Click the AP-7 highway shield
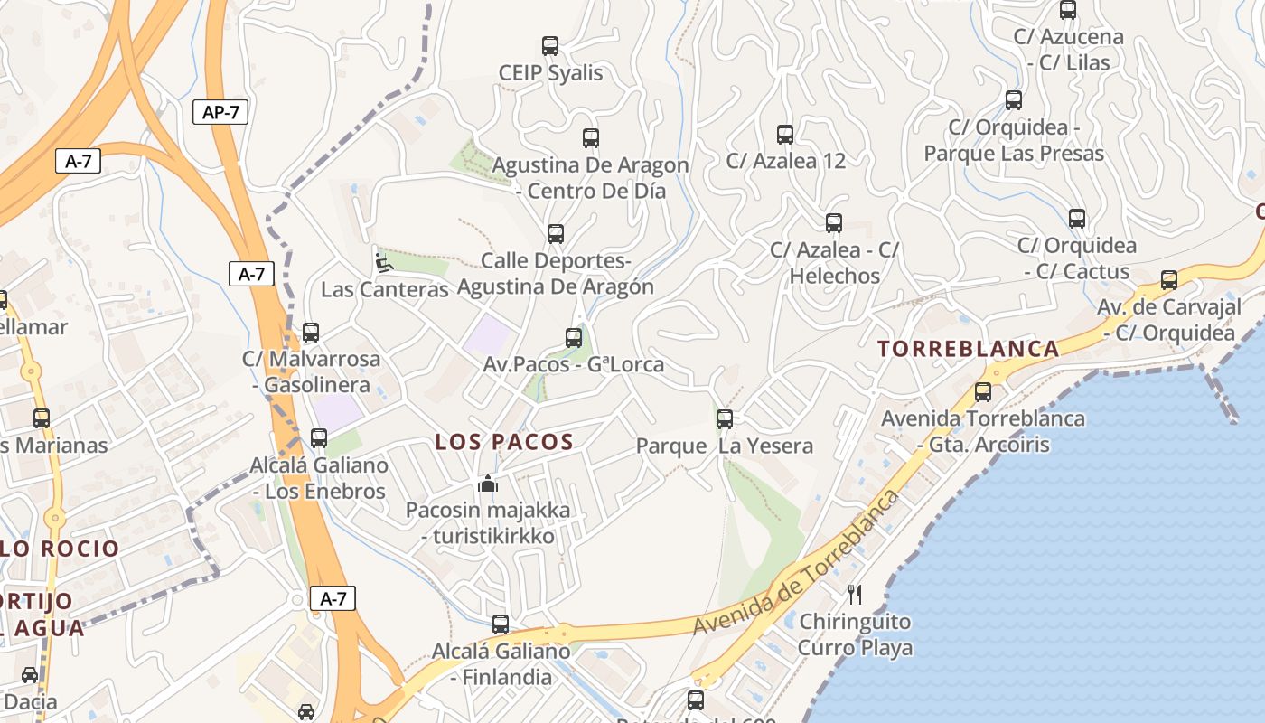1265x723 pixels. tap(220, 112)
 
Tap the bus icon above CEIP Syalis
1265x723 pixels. tap(549, 46)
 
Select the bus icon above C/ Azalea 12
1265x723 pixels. tap(785, 135)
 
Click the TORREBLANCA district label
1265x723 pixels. tap(969, 349)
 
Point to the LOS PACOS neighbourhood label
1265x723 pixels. tap(504, 442)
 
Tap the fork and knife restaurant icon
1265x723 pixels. tap(855, 594)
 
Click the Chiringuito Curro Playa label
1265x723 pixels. tap(855, 634)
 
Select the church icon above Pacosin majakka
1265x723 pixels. tap(488, 484)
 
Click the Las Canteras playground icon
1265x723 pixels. tap(384, 263)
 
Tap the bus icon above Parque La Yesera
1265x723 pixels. tap(725, 419)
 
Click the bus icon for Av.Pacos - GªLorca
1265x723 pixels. tap(574, 338)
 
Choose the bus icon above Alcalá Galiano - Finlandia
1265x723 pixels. tap(501, 624)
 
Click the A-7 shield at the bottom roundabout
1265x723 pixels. tap(333, 598)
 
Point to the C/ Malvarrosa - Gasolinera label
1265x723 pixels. tap(312, 371)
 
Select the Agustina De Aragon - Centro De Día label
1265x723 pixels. tap(590, 178)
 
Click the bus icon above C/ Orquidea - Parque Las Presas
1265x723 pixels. tap(1014, 100)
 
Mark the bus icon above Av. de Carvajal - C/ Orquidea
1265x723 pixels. tap(1169, 280)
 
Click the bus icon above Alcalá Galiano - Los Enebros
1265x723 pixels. tap(319, 438)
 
